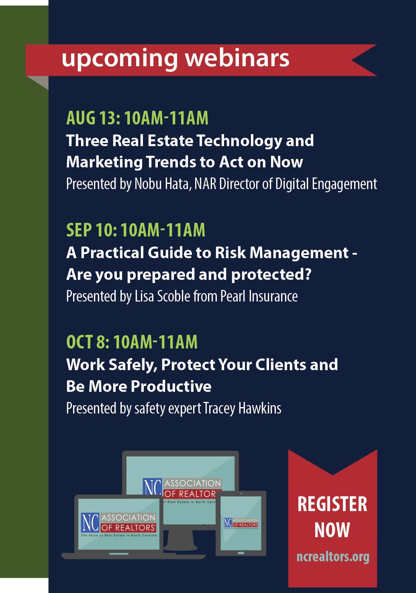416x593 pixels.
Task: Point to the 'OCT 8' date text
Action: coord(88,342)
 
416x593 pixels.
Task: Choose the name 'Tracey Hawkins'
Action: coord(242,408)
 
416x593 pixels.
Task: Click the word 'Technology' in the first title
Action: coord(239,141)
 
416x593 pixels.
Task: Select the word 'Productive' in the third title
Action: coord(171,386)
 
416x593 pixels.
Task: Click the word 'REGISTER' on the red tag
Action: coord(332,504)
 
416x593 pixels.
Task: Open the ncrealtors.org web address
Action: coord(333,557)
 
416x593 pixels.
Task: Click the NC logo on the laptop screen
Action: coord(90,522)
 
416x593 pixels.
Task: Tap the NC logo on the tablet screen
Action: coord(228,522)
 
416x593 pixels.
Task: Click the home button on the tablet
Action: coord(241,553)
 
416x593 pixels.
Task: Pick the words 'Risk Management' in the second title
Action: coord(282,253)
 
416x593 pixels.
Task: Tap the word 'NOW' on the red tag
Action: coord(332,530)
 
